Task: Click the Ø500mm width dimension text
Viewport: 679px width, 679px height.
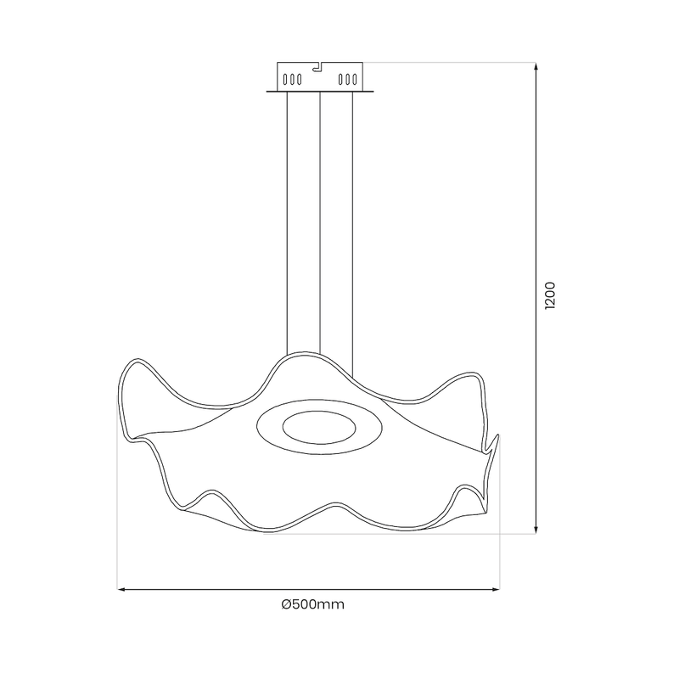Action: [x=312, y=604]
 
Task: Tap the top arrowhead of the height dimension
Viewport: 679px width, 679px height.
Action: [x=536, y=67]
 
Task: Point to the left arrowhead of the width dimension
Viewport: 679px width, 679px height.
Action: [x=121, y=587]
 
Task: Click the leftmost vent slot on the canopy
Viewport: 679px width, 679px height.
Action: [x=284, y=80]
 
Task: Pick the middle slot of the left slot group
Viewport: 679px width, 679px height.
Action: [x=291, y=80]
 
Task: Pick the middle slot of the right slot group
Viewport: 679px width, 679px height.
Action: [x=346, y=80]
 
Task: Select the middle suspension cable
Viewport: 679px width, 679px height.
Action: [x=319, y=221]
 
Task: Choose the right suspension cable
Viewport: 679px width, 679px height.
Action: [x=352, y=221]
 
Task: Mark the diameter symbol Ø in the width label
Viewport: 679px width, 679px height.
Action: [x=286, y=604]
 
